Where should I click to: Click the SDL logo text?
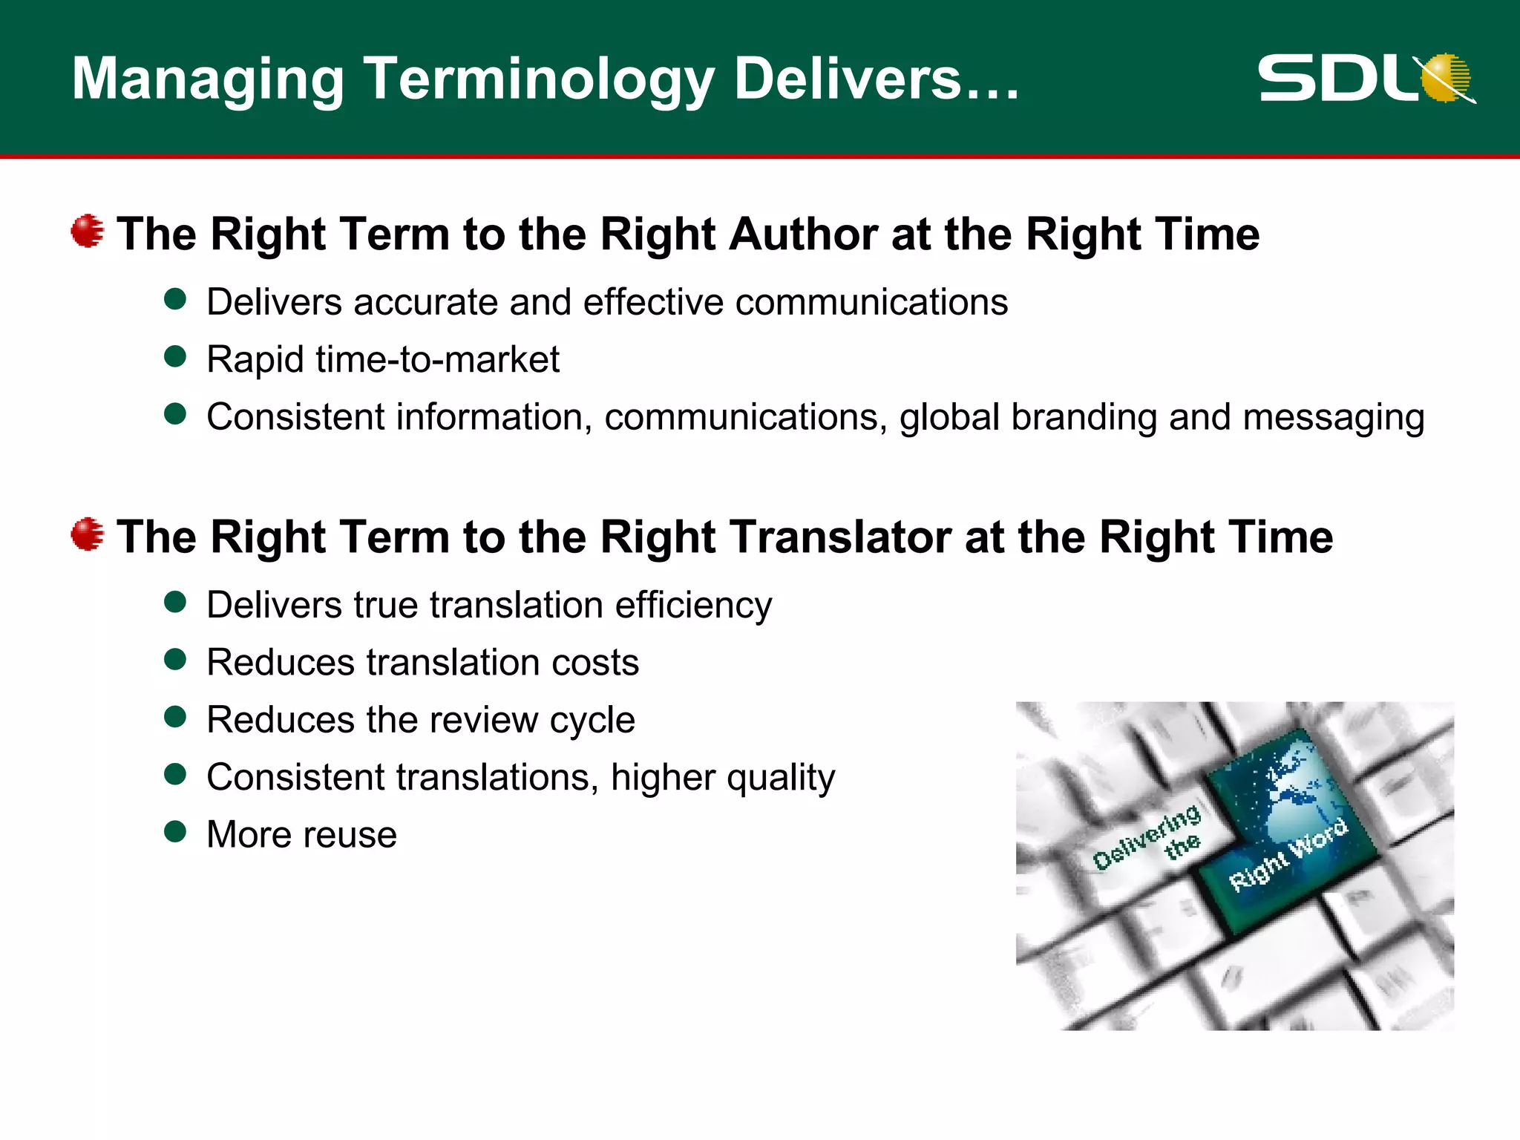coord(1336,78)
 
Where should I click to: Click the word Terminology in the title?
coord(538,79)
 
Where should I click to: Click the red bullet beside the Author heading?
coord(88,232)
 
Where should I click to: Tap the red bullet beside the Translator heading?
coord(88,534)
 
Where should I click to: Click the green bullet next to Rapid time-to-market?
coord(175,357)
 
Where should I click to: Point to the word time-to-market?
coord(437,360)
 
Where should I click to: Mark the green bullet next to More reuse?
coord(175,832)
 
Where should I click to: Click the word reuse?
coord(349,836)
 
